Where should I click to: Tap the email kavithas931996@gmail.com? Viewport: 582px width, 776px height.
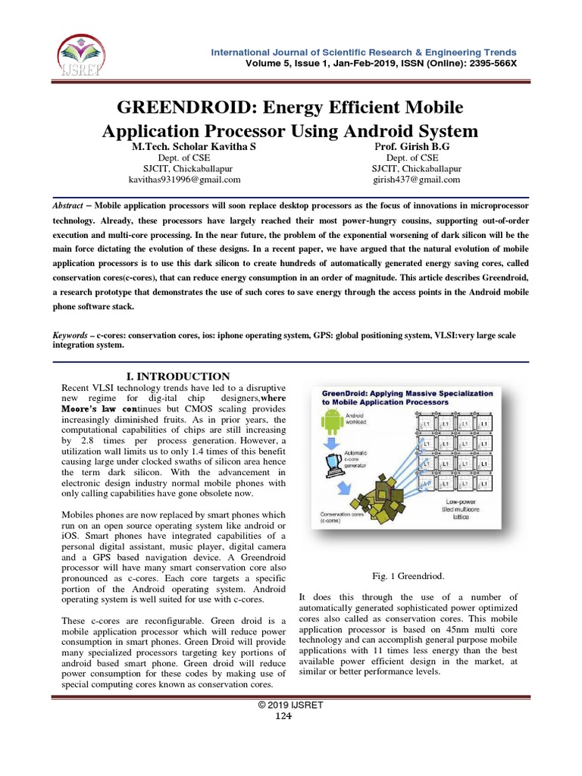pos(186,180)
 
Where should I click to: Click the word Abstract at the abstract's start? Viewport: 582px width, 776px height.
pos(71,206)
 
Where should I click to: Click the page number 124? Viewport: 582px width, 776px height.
pos(291,716)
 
